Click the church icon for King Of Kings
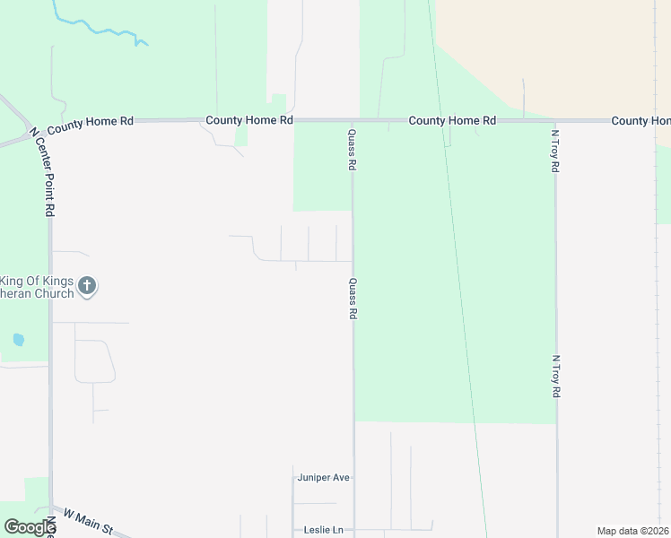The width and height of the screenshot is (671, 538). (x=87, y=286)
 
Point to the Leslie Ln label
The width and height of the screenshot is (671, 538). (x=324, y=530)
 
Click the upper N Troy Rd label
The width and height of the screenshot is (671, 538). (x=555, y=151)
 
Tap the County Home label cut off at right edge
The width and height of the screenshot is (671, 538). (x=640, y=120)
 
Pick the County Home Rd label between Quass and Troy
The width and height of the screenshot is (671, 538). (x=452, y=120)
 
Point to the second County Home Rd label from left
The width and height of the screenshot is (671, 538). (x=249, y=120)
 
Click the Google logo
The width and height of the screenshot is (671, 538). (x=30, y=527)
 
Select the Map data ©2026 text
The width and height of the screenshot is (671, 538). (x=633, y=531)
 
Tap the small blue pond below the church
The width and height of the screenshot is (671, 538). (x=19, y=340)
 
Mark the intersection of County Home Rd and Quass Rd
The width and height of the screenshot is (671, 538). (x=353, y=120)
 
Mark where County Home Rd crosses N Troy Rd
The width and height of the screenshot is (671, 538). (x=555, y=121)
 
